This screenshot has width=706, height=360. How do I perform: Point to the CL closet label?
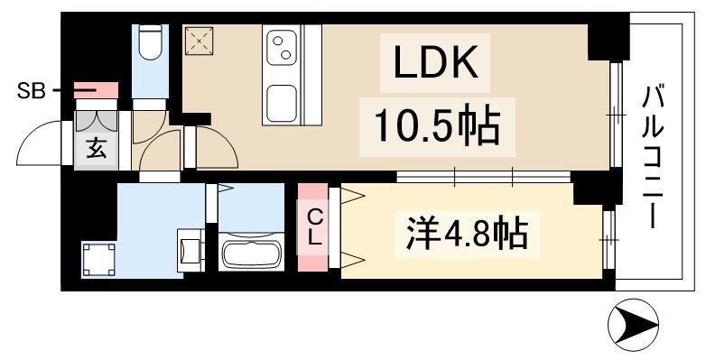pos(314,228)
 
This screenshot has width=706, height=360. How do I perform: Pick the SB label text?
pos(29,90)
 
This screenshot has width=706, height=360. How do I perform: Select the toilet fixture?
pos(150,40)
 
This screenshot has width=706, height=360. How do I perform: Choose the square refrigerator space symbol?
pos(199,42)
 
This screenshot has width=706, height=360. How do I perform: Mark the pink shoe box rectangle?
pos(97,90)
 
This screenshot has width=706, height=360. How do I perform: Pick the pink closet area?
pos(313,228)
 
